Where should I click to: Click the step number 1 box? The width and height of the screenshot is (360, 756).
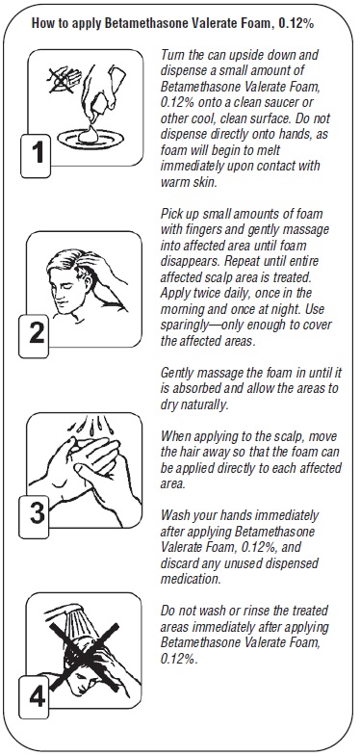(x=35, y=156)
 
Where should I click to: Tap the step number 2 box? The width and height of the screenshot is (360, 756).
(x=34, y=336)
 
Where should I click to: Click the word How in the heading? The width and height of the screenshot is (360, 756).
(x=41, y=23)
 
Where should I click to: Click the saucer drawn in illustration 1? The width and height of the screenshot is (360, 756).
(x=90, y=139)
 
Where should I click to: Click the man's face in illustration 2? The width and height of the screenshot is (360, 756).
(x=62, y=288)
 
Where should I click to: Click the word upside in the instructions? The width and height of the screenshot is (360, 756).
(x=238, y=55)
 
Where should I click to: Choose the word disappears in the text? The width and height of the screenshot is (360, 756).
(x=186, y=261)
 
